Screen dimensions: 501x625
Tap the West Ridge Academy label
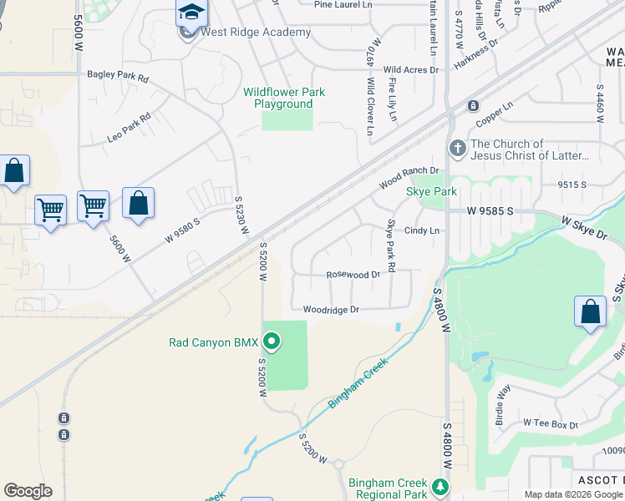coord(256,33)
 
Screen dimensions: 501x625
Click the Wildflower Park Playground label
coord(284,98)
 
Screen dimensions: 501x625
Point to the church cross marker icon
coord(456,149)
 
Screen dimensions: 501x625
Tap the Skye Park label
coord(431,192)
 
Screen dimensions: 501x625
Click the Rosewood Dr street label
coord(353,274)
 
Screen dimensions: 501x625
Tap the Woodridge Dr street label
coord(331,309)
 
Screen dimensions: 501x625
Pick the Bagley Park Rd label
coord(118,75)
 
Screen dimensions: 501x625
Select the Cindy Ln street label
coord(422,230)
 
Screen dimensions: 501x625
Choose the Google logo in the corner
coord(28,491)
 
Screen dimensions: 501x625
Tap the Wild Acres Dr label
coord(411,70)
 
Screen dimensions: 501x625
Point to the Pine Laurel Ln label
coord(343,4)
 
